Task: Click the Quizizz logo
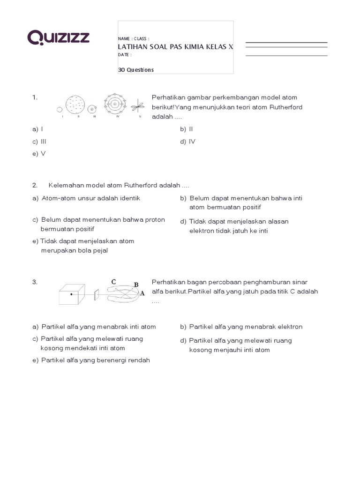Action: point(58,37)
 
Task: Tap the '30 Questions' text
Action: point(135,70)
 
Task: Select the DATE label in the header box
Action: point(124,55)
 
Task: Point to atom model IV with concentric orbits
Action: point(113,105)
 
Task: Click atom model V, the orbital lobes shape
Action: point(138,106)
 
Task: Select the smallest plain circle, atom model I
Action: point(60,109)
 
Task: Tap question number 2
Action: point(35,185)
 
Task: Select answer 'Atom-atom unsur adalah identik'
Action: point(90,198)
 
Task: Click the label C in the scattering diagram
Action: point(113,281)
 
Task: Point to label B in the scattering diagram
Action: point(136,285)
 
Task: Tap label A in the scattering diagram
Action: point(142,293)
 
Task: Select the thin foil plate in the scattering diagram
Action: point(96,294)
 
